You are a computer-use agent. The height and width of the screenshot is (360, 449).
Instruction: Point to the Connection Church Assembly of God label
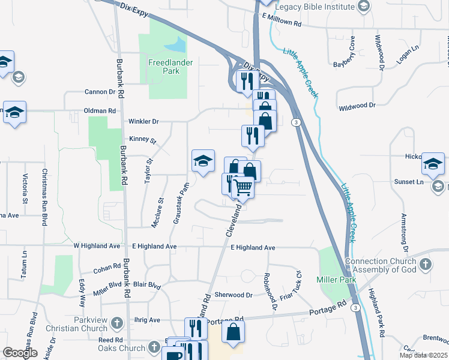(x=381, y=265)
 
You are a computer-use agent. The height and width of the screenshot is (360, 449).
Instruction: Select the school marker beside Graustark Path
(x=203, y=161)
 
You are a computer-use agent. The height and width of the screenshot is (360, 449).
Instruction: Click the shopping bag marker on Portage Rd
(x=233, y=332)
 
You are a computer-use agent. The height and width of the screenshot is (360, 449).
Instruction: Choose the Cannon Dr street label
(x=100, y=92)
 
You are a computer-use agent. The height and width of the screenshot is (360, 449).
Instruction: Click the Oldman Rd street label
(x=100, y=111)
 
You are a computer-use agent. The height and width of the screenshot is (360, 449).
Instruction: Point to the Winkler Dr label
(x=143, y=121)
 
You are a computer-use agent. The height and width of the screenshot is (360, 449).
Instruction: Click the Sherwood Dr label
(x=234, y=295)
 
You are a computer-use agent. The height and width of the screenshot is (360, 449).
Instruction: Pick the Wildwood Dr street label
(x=357, y=105)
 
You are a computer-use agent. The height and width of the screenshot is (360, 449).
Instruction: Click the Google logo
(x=20, y=353)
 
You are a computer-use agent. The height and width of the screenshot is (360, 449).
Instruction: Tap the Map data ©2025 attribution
(x=423, y=355)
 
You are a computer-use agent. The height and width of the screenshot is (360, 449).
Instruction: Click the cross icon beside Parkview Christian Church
(x=116, y=323)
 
